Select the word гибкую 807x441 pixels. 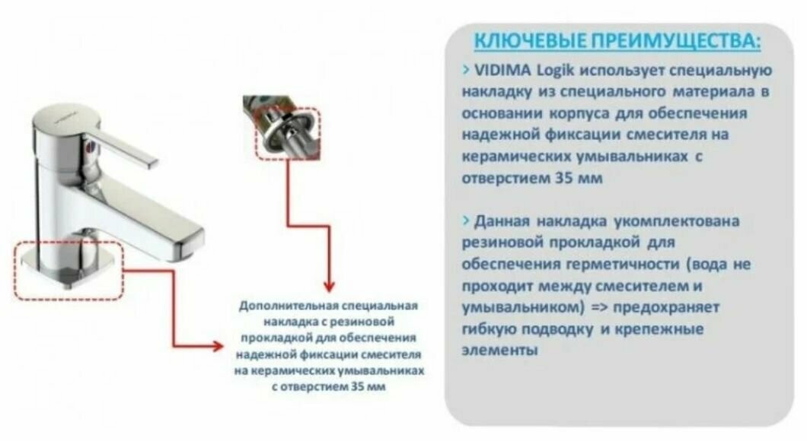point(490,330)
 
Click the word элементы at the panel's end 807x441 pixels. point(499,351)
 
